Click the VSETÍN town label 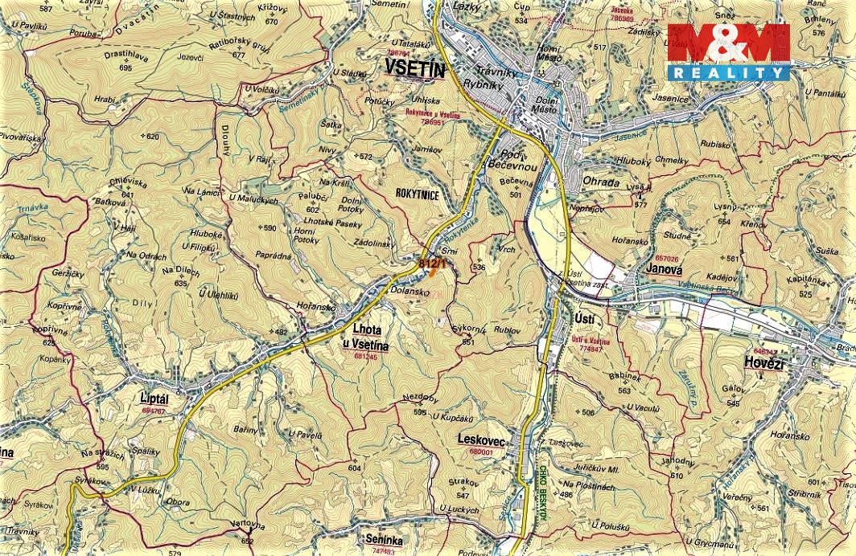pyautogui.click(x=415, y=70)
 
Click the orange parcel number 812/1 pyautogui.click(x=430, y=263)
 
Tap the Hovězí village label pyautogui.click(x=763, y=363)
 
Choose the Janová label pyautogui.click(x=664, y=270)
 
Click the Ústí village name pyautogui.click(x=586, y=320)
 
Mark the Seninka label pyautogui.click(x=382, y=541)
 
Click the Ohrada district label pyautogui.click(x=601, y=182)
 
